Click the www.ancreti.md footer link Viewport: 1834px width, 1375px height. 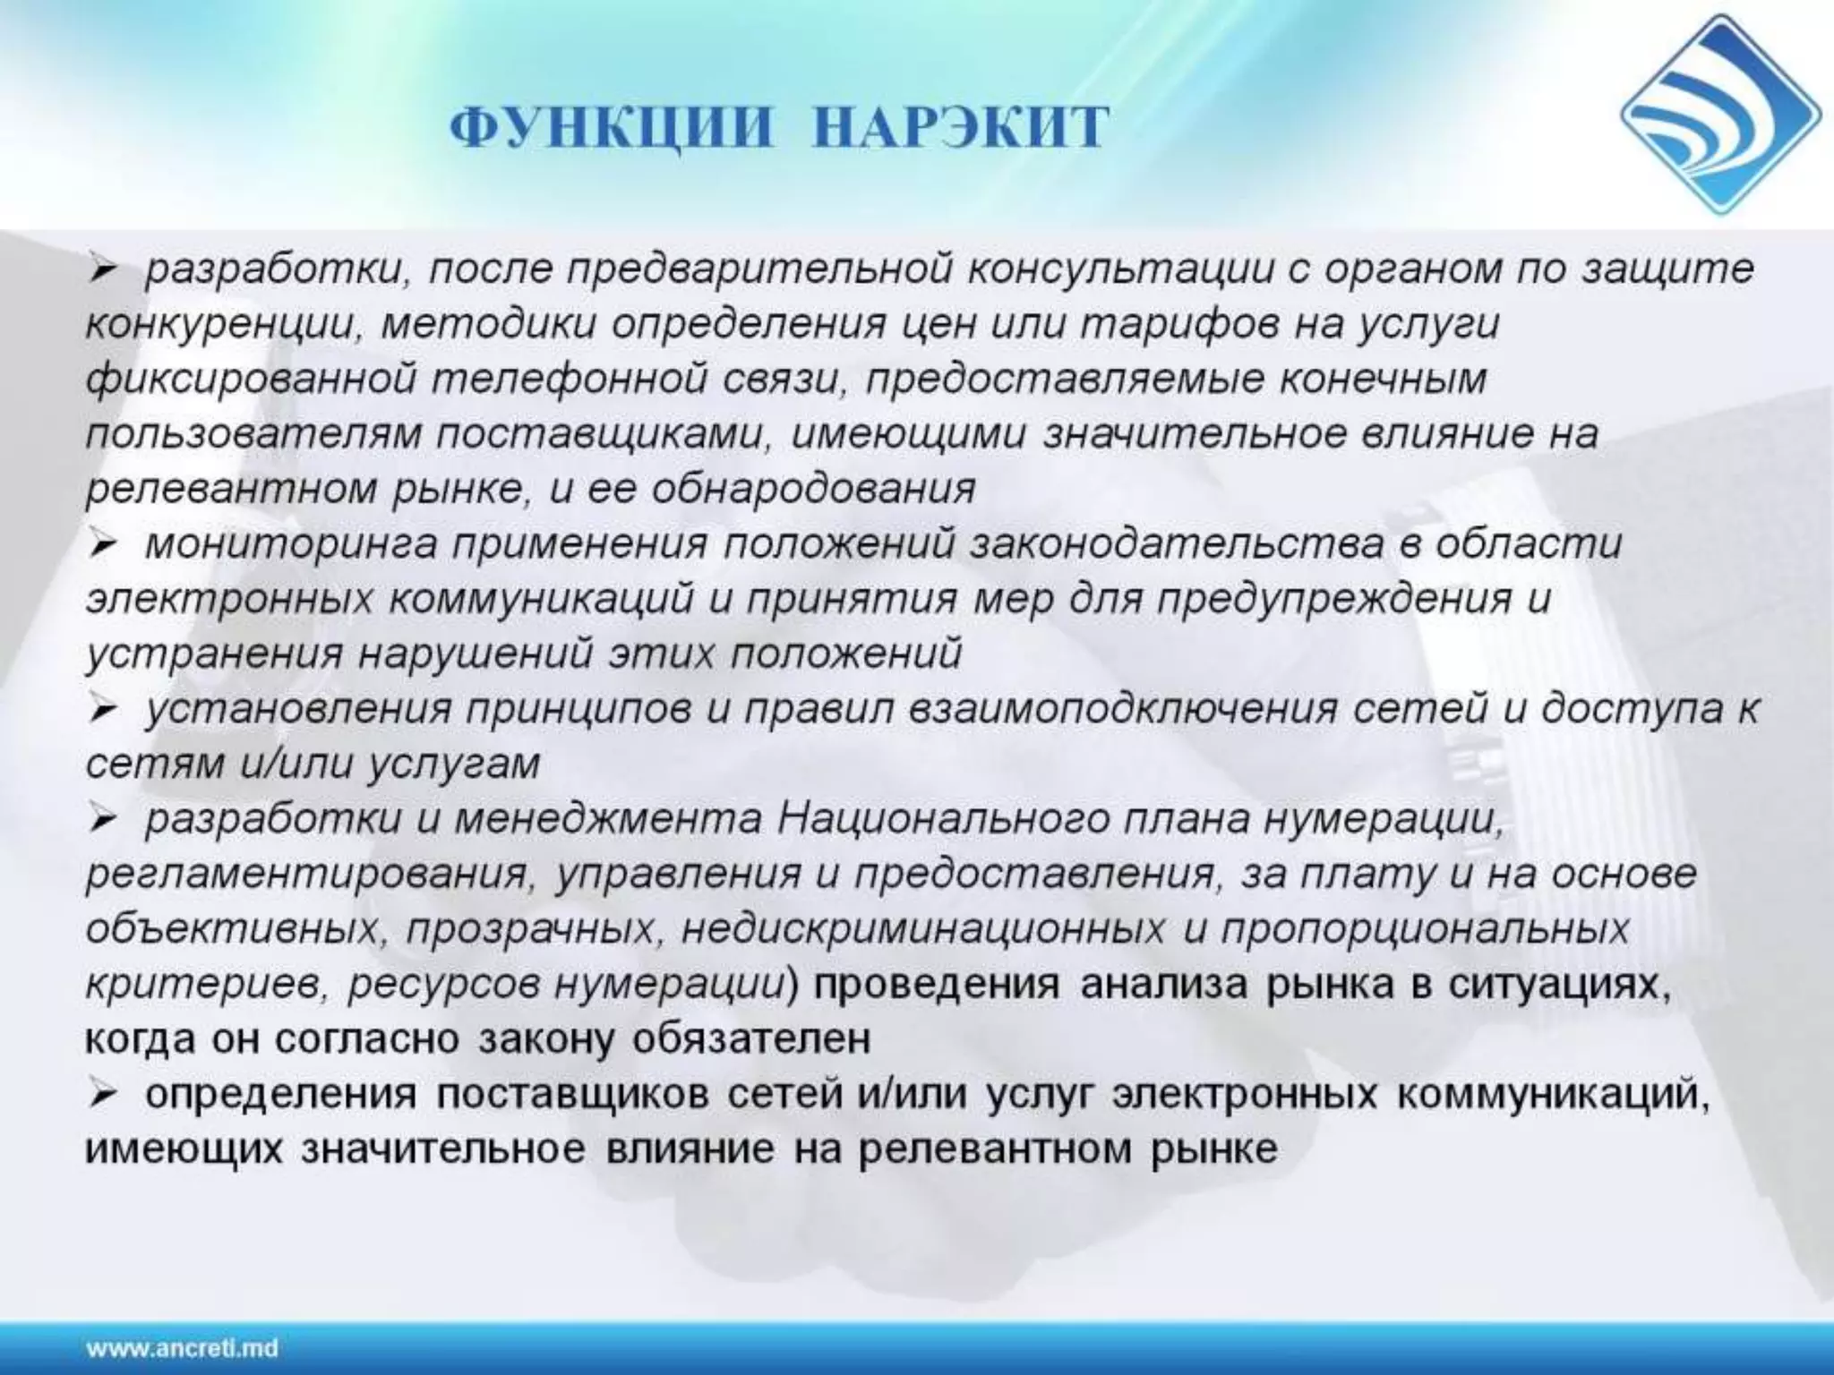click(183, 1348)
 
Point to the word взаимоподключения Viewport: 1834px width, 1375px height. click(1123, 710)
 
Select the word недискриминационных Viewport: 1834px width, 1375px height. click(922, 930)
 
